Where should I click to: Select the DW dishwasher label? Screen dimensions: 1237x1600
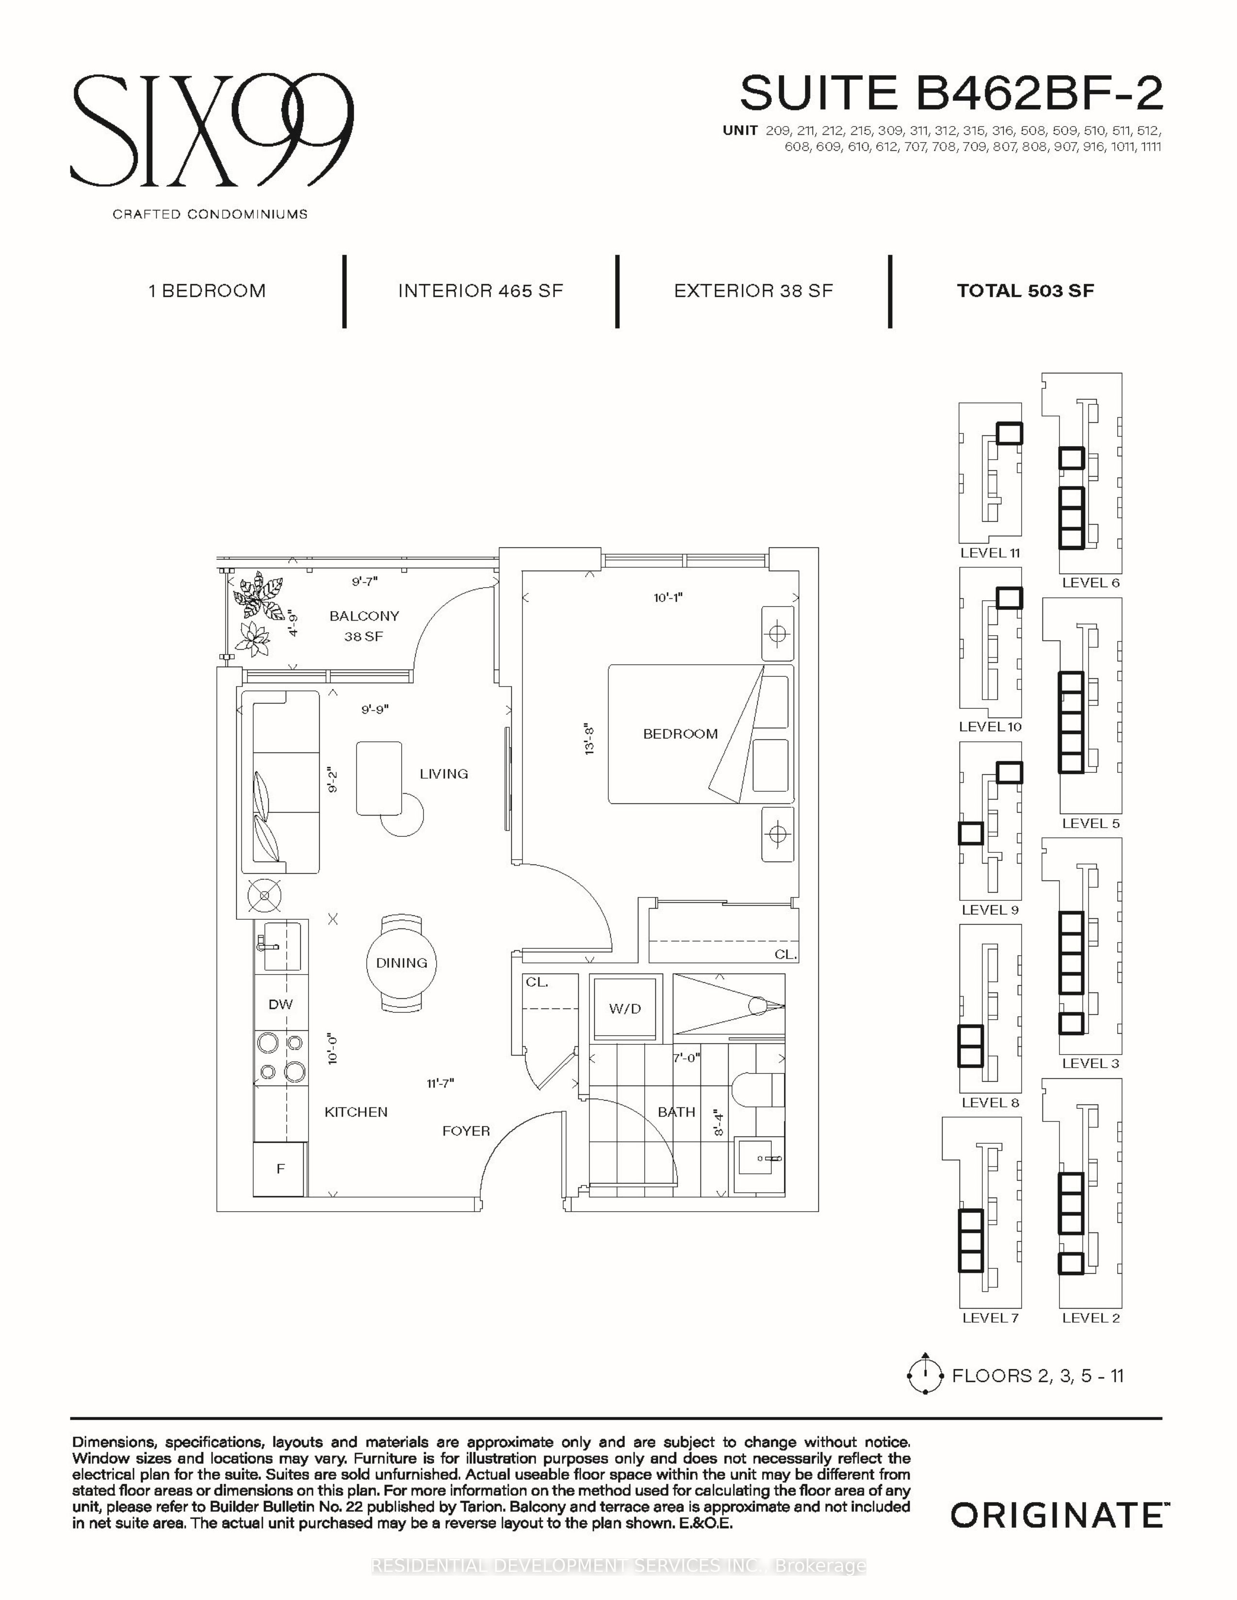click(281, 1005)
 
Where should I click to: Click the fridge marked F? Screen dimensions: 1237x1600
click(279, 1168)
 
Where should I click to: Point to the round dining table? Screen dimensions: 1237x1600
click(402, 962)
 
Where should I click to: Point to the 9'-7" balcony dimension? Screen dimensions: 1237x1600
click(364, 582)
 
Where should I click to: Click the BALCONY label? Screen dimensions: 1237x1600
click(364, 616)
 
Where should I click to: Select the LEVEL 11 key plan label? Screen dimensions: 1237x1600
click(990, 553)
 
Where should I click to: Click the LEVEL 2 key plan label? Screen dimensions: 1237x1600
click(1091, 1318)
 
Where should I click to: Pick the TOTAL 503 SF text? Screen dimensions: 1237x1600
click(1025, 291)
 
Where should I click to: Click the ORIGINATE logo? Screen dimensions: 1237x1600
click(1057, 1515)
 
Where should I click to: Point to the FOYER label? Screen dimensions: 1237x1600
click(466, 1131)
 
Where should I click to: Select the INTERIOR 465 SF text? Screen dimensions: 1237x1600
click(481, 291)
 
